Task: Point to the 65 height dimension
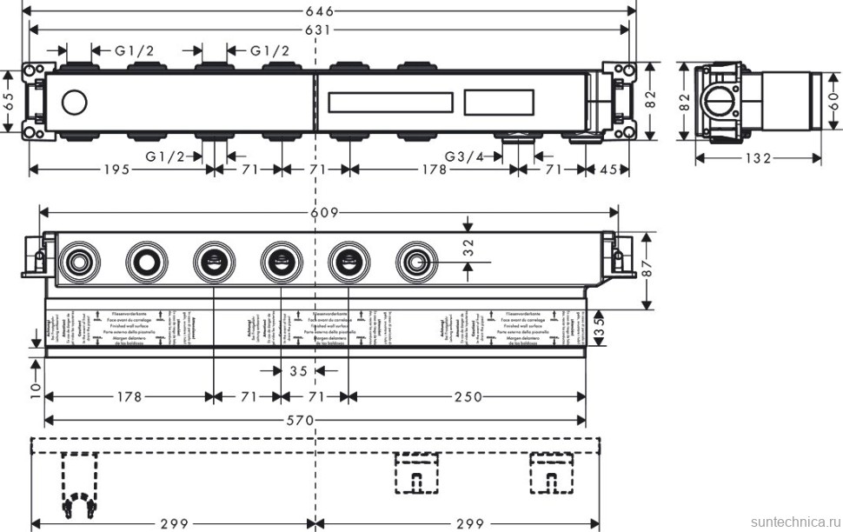coord(9,102)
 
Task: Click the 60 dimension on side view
coord(835,98)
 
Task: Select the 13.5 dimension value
coord(599,329)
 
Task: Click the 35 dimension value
coord(299,371)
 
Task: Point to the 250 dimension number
coord(468,397)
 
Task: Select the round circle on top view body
coord(75,103)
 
